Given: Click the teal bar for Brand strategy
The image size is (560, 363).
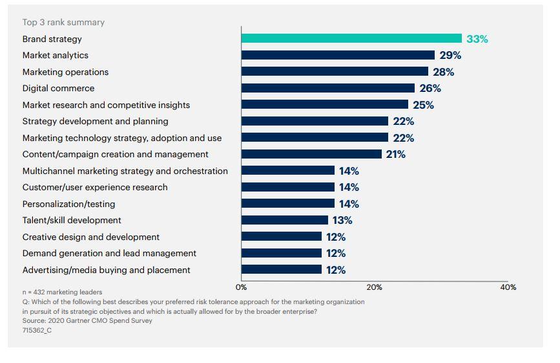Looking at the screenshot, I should [x=351, y=39].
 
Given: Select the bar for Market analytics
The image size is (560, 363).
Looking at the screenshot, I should [x=338, y=55].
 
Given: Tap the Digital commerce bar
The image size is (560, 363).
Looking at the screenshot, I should [x=328, y=88].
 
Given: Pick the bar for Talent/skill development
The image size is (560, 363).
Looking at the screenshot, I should [x=285, y=220].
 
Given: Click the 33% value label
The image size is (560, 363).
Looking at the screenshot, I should [x=477, y=39].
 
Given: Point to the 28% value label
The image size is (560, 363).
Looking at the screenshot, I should [x=444, y=72].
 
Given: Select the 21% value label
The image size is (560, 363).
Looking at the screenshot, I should [x=395, y=154].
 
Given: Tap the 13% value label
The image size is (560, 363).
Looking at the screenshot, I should [x=342, y=220].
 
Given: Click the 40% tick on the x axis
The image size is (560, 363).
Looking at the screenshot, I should [x=508, y=287].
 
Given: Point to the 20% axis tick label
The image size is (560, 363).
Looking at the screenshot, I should [x=375, y=287].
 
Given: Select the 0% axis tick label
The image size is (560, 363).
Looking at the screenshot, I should [x=242, y=287].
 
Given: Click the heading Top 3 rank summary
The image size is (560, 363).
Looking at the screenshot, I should [x=63, y=22].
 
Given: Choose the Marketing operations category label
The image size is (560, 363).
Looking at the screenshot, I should [x=65, y=72].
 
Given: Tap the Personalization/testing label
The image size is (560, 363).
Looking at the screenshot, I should [x=68, y=204].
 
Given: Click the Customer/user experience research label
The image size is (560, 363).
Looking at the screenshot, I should [x=95, y=187].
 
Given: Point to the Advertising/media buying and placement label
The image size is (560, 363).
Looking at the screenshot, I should [x=106, y=270].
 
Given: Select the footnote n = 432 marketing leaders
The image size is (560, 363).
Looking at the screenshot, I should [x=62, y=292].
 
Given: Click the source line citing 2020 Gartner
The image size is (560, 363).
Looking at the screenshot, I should [x=87, y=320].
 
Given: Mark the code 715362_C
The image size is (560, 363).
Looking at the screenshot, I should [x=37, y=330].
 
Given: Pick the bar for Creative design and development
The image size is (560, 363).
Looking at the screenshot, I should [x=282, y=237].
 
